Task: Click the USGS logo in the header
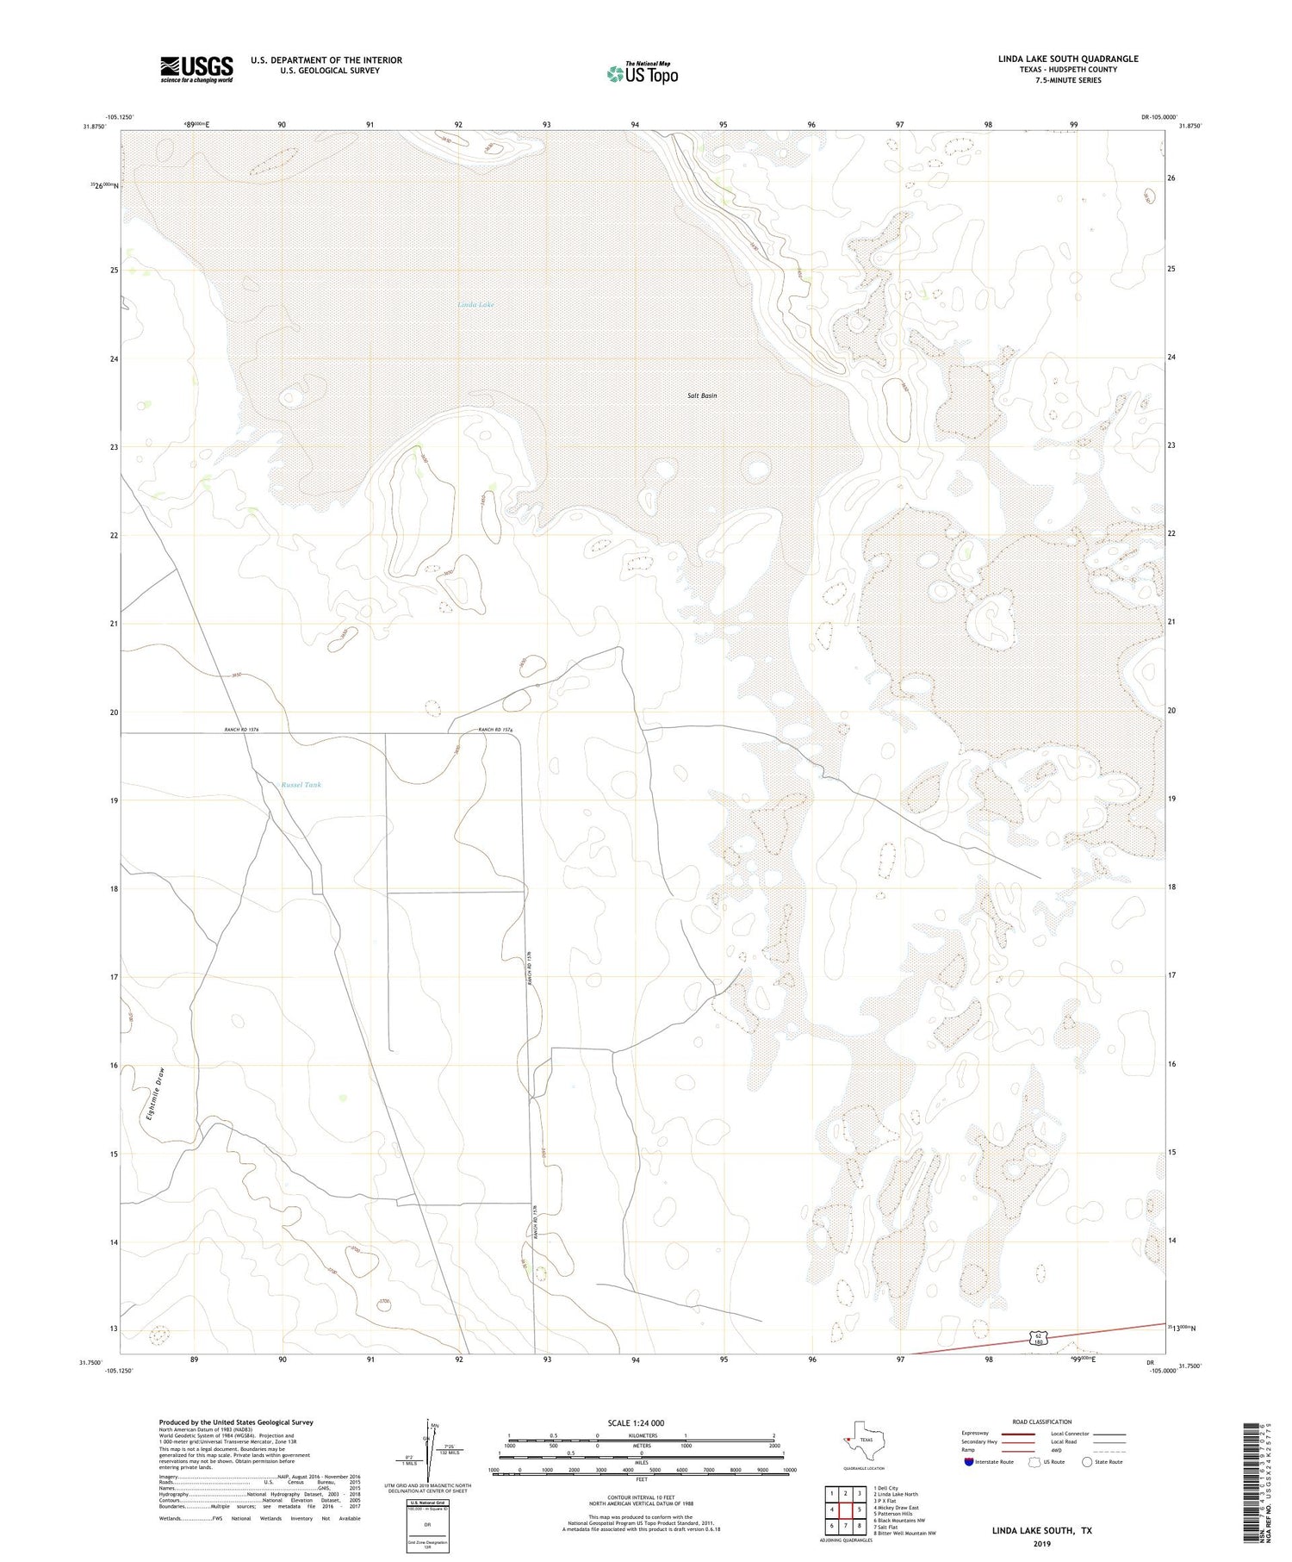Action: click(196, 69)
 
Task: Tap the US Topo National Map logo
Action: click(642, 74)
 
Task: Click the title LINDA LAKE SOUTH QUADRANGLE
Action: click(1067, 59)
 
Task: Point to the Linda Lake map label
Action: click(475, 305)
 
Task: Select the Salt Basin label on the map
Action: click(702, 395)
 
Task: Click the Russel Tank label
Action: click(301, 785)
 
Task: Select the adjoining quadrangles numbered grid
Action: click(846, 1503)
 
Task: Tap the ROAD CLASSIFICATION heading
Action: click(1041, 1422)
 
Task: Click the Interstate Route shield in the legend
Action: click(970, 1462)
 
